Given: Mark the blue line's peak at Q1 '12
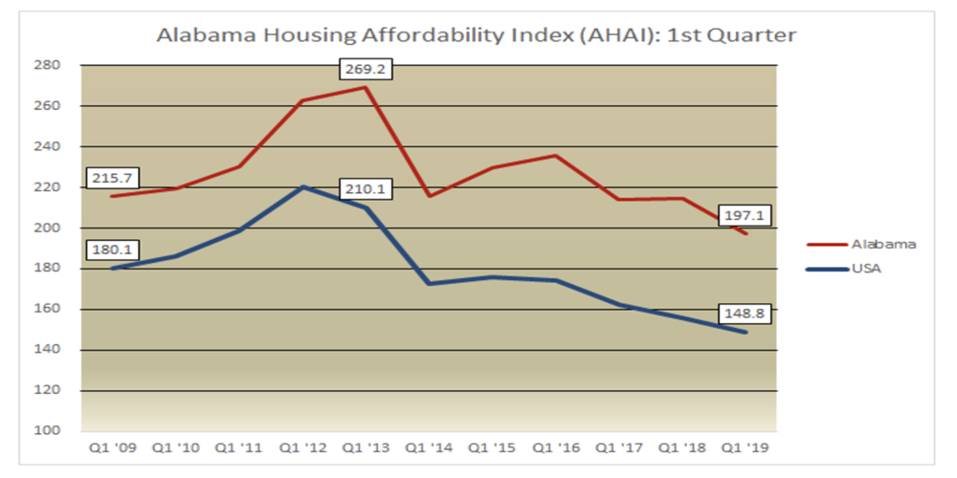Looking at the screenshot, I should tap(301, 186).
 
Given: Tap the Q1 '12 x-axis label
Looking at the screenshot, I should tap(301, 446).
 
